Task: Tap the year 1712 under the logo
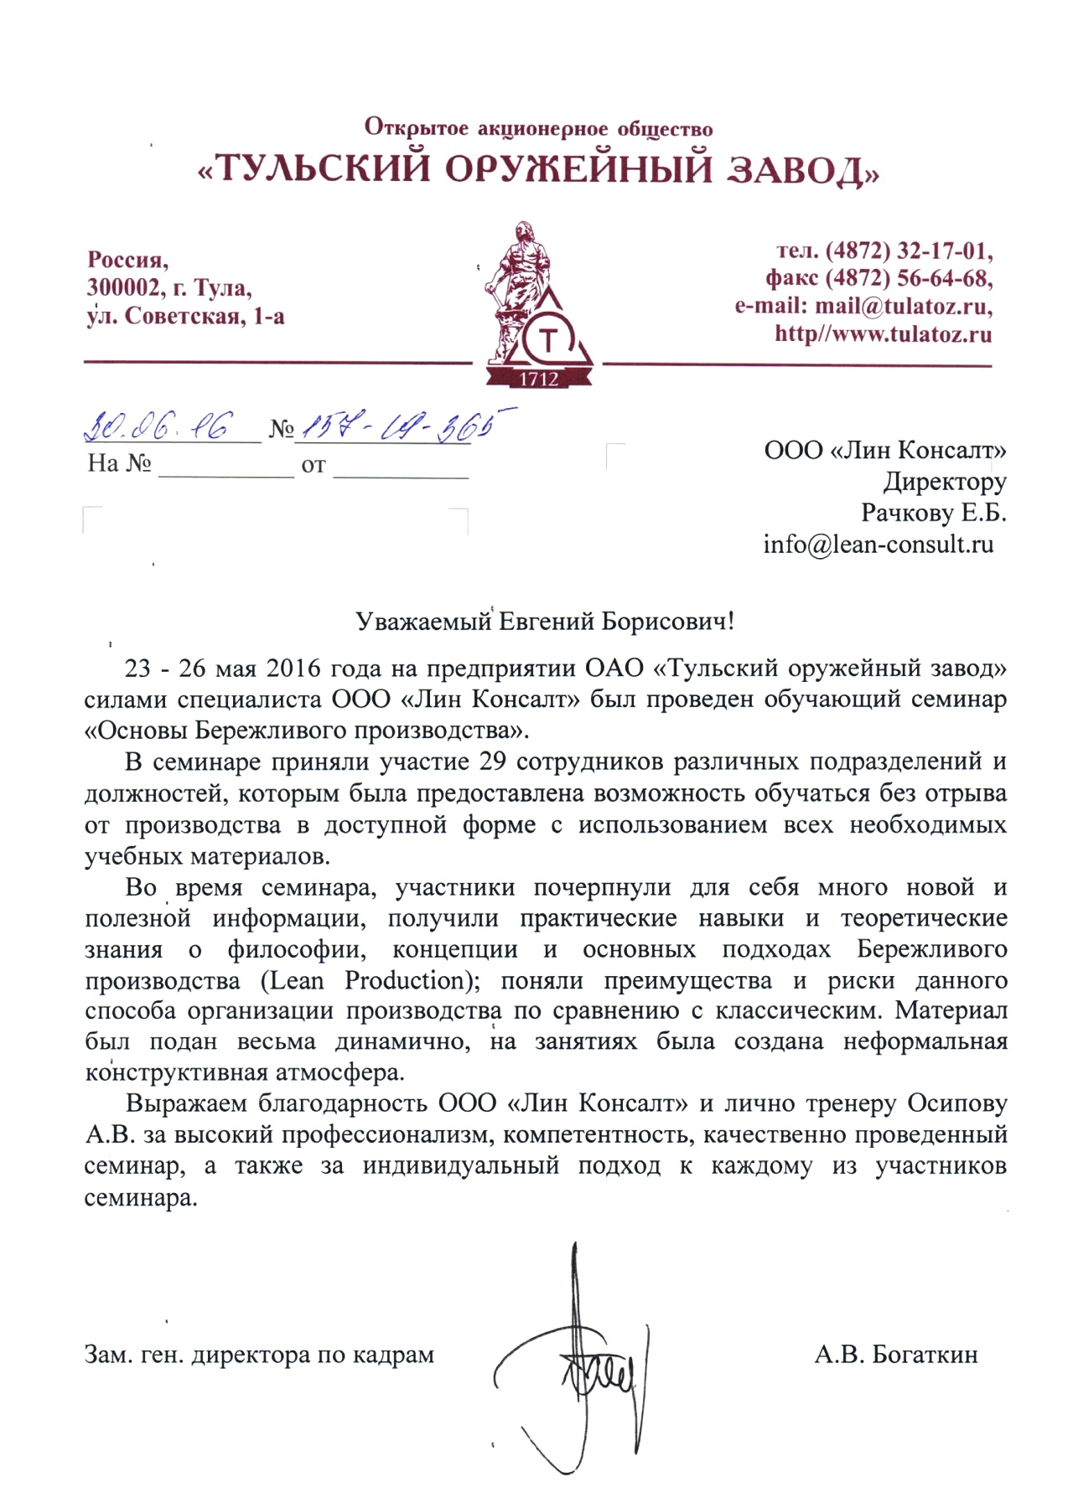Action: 539,379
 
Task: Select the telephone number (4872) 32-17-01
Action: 909,250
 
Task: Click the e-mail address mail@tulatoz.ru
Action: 904,306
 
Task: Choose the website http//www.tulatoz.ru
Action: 883,334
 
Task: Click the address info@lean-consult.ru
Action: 878,545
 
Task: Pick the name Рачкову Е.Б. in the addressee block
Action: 933,513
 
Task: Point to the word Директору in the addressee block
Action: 944,482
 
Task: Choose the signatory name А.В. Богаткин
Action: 895,1354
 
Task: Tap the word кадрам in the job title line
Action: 394,1355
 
